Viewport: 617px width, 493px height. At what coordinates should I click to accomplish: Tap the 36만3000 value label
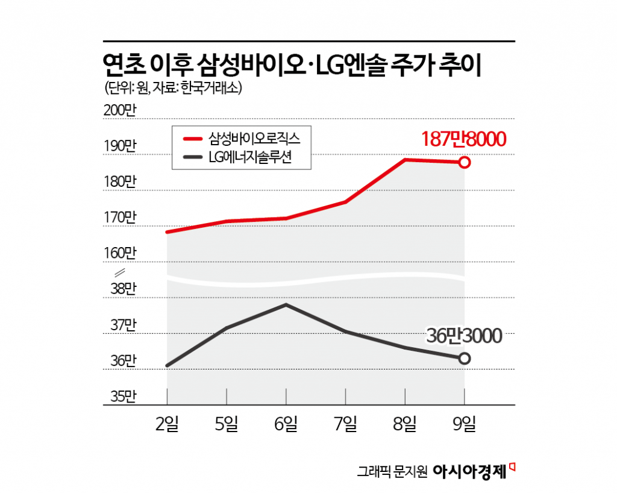tap(465, 336)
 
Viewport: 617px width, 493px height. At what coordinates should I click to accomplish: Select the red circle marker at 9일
tap(465, 162)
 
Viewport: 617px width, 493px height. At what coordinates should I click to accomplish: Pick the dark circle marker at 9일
tap(465, 359)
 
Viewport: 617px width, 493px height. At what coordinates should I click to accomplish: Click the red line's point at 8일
tap(406, 160)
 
